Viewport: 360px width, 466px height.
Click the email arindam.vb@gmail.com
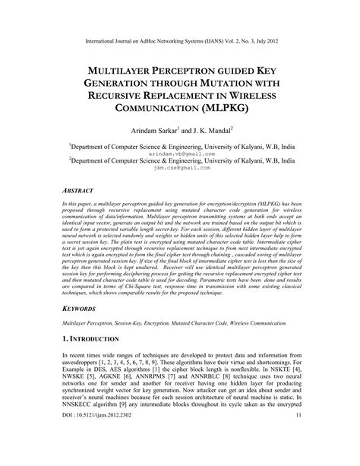click(x=180, y=152)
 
